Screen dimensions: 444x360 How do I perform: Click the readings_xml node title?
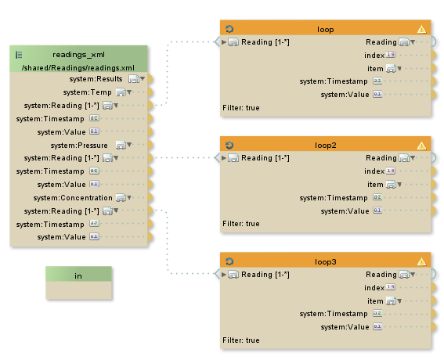[78, 55]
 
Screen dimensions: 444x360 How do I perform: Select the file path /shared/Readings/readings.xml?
[78, 68]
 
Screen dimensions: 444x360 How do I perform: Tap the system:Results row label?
[96, 79]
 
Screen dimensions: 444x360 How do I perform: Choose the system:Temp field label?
[87, 92]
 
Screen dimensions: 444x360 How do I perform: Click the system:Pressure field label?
[79, 146]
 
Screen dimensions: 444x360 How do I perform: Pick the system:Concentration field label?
[73, 198]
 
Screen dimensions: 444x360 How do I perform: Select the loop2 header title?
[325, 146]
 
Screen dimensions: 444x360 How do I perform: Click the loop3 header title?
[325, 262]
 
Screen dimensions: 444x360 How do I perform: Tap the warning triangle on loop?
[421, 29]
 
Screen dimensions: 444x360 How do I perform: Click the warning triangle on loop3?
[421, 262]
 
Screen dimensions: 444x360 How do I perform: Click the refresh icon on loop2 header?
[229, 146]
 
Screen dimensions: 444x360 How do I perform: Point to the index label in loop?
[374, 56]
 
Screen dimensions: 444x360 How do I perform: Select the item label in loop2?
[375, 185]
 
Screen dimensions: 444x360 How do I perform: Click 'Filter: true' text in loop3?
[241, 340]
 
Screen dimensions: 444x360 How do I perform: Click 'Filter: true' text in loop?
[241, 108]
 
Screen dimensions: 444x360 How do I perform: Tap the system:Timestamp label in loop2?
[334, 198]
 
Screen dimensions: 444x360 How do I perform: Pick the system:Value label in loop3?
[345, 327]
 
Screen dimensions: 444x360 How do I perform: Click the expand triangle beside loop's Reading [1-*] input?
[224, 42]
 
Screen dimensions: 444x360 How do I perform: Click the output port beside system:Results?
[150, 79]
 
